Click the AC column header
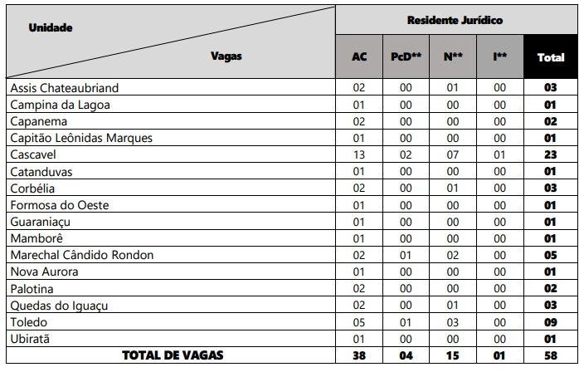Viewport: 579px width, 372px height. (359, 57)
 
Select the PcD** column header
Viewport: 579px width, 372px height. (406, 57)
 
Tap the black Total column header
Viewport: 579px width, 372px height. (551, 57)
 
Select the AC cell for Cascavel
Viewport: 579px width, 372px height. (359, 154)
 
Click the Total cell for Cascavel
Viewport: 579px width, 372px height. (550, 154)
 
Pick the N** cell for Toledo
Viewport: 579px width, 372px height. (453, 322)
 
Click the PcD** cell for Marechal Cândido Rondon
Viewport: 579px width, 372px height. (406, 255)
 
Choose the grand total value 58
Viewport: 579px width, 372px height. (550, 355)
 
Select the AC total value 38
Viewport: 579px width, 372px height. (359, 355)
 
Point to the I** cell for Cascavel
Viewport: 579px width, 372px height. (500, 154)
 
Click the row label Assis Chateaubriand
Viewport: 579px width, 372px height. (64, 87)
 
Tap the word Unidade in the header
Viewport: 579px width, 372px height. (50, 27)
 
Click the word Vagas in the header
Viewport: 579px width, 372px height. (226, 56)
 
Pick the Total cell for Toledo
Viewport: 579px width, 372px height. (550, 322)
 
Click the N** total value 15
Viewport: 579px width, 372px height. (453, 355)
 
